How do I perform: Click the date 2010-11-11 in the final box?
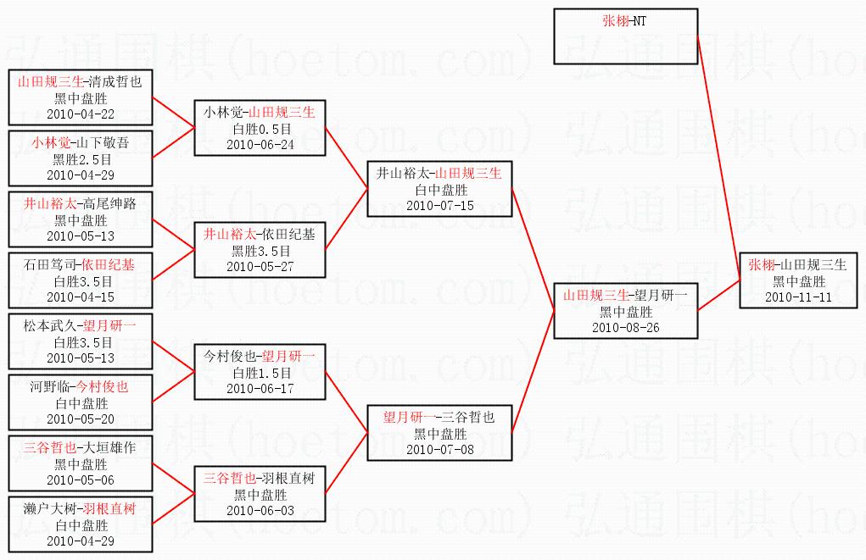coord(798,297)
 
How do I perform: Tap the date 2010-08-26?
coord(626,328)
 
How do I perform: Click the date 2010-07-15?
coord(440,206)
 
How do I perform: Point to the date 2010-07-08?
coord(440,450)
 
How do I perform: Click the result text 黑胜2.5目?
coord(81,159)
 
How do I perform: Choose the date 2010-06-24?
coord(260,145)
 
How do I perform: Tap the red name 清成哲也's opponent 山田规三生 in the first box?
coord(51,82)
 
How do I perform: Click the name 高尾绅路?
coord(109,203)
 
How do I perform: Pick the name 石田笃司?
coord(50,265)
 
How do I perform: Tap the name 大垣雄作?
coord(109,447)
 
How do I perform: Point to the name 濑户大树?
coord(50,508)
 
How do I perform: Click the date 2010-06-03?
coord(260,511)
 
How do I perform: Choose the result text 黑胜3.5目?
coord(260,251)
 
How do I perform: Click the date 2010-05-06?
coord(81,480)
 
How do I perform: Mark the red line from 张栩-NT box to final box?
coord(719,158)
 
